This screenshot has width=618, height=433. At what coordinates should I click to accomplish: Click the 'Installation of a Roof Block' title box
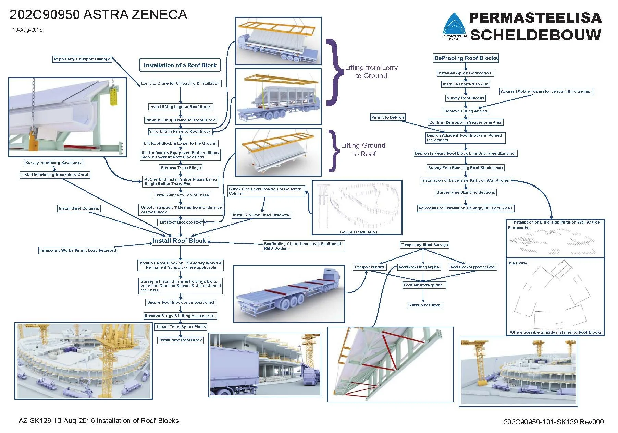pos(180,65)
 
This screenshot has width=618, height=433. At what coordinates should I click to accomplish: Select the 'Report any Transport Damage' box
pos(82,59)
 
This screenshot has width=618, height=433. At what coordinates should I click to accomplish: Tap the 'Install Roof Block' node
pos(179,241)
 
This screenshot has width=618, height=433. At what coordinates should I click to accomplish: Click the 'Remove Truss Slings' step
pos(181,168)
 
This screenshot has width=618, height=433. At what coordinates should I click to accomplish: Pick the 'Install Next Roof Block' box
pos(180,340)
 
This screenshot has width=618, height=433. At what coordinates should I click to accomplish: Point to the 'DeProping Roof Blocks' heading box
pos(466,58)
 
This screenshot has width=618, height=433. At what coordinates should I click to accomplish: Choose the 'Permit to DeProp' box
pos(387,117)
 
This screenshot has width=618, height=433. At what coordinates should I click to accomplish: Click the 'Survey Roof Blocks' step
pos(465,98)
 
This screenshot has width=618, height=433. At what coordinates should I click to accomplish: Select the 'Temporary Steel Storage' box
pos(424,245)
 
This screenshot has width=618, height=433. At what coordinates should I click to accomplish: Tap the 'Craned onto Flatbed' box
pos(424,305)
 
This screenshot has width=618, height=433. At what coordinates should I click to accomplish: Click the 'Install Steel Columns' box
pos(79,208)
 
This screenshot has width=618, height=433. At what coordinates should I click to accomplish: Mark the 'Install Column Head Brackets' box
pos(261,215)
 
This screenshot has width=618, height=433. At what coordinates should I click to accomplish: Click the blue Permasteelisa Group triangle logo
pos(454,27)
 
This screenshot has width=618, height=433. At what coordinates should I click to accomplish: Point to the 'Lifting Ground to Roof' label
pos(363,150)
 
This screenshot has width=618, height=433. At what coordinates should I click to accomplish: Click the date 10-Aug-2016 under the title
pos(28,30)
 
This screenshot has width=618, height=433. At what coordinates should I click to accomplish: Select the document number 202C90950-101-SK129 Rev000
pos(553,422)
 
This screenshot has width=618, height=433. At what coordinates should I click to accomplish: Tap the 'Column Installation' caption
pos(358,232)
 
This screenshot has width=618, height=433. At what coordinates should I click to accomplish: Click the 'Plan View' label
pos(518,263)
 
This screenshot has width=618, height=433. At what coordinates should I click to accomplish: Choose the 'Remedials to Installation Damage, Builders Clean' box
pos(465,208)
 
